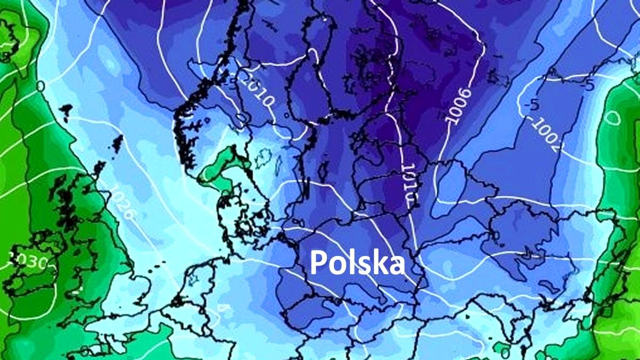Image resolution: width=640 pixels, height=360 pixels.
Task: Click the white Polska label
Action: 357,262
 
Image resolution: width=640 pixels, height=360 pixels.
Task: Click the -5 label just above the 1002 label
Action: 531,105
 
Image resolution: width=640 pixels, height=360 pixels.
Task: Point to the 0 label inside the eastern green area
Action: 613,117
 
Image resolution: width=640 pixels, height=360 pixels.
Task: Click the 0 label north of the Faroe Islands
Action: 41,85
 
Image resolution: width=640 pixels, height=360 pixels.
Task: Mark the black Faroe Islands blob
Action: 66,110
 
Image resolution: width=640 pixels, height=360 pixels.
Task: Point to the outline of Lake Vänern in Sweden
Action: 265,157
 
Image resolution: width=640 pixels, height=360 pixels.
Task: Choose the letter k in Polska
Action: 378,262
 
